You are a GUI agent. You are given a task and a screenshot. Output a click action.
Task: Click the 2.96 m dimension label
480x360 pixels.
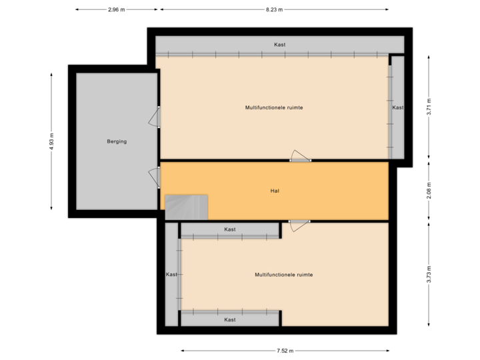pyautogui.click(x=116, y=10)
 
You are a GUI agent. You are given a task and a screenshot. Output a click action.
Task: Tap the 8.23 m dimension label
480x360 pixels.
pyautogui.click(x=274, y=10)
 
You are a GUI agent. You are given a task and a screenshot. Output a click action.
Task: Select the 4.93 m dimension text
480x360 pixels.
pyautogui.click(x=51, y=141)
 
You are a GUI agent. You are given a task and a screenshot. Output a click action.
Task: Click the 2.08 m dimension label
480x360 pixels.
pyautogui.click(x=429, y=191)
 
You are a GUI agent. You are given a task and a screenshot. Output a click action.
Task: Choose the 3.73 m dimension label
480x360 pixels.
pyautogui.click(x=429, y=275)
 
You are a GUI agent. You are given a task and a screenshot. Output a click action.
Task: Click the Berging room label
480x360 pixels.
pyautogui.click(x=117, y=141)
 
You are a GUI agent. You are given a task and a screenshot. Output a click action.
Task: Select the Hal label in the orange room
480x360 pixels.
pyautogui.click(x=274, y=191)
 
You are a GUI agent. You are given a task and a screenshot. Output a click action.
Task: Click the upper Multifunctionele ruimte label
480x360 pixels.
pyautogui.click(x=274, y=107)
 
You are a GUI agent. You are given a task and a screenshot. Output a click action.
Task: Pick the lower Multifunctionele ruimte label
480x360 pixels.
pyautogui.click(x=283, y=274)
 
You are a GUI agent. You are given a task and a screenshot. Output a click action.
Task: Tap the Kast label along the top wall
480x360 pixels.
pyautogui.click(x=280, y=45)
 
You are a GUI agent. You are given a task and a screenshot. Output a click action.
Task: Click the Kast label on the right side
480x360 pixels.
pyautogui.click(x=398, y=107)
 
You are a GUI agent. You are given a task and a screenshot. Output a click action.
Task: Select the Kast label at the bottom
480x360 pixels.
pyautogui.click(x=230, y=319)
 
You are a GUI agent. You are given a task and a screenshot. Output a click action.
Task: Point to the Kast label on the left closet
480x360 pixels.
pyautogui.click(x=171, y=274)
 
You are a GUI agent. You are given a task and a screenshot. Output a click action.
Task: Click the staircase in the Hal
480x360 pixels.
pyautogui.click(x=187, y=207)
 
